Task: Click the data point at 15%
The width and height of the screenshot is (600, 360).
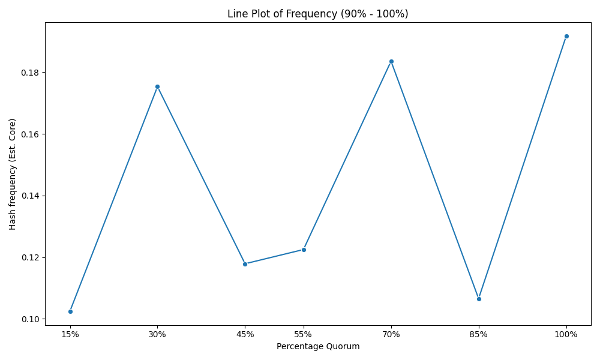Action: coord(70,311)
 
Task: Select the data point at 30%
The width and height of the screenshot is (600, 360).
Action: coord(157,87)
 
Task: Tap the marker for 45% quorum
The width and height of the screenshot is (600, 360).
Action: coord(245,264)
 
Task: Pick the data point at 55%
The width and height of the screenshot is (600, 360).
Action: coord(304,250)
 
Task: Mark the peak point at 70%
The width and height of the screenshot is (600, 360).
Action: coord(391,62)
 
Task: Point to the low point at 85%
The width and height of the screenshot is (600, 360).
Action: coord(479,299)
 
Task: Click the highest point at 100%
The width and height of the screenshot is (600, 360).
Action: coord(567,37)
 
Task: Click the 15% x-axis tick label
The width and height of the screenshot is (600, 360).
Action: coord(70,335)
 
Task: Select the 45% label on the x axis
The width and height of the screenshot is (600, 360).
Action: coord(245,335)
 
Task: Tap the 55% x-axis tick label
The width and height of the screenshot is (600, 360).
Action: coord(304,335)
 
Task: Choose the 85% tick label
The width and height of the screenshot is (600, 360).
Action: coord(479,335)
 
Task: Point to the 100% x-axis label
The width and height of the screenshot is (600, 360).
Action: coord(566,335)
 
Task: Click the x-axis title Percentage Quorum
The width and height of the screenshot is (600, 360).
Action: coord(318,347)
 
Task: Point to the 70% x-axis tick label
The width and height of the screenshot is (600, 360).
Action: coord(391,335)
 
